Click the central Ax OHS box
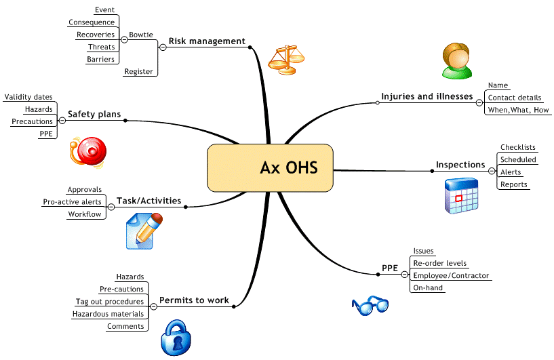[270, 167]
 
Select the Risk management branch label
[207, 41]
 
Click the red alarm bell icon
[87, 152]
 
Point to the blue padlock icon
[178, 337]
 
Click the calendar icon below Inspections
[462, 197]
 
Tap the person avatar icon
[454, 60]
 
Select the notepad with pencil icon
[144, 231]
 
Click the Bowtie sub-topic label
[141, 35]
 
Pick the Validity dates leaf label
[28, 98]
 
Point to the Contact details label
[514, 98]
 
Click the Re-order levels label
[440, 263]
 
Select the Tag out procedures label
[110, 302]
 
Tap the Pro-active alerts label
[72, 202]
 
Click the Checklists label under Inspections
[518, 148]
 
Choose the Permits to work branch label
[194, 300]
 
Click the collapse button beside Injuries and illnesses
[479, 102]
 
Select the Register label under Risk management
[138, 71]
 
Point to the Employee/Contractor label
[451, 276]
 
